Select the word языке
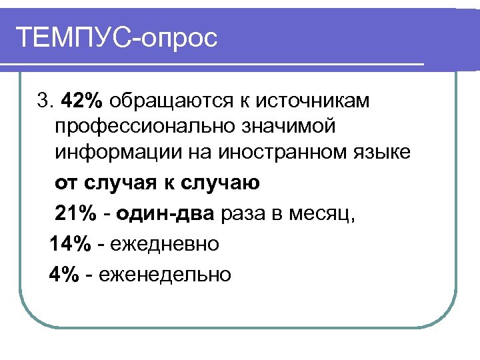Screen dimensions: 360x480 [384, 153]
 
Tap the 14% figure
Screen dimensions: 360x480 [69, 245]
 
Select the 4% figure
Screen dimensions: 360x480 [64, 274]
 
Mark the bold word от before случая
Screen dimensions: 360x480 [66, 183]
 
